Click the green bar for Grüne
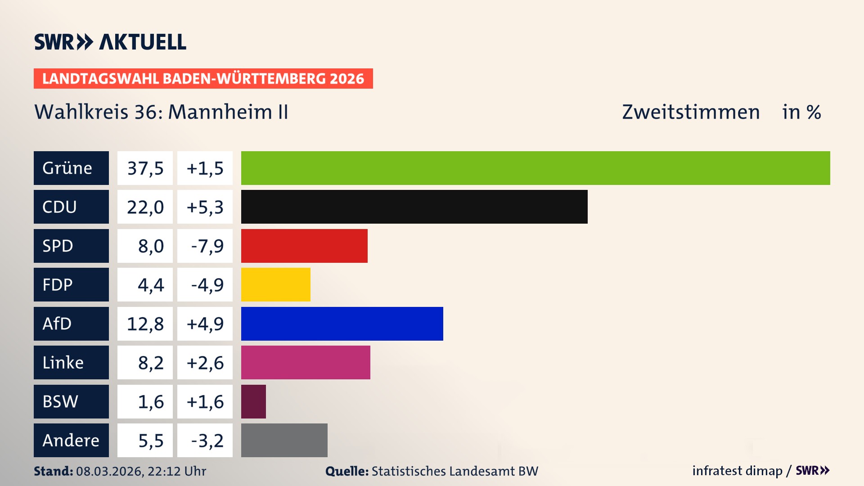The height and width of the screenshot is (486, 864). (x=535, y=168)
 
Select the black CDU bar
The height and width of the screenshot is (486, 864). (x=414, y=207)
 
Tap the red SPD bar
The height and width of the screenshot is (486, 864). (x=304, y=246)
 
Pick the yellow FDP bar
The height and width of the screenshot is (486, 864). (x=275, y=284)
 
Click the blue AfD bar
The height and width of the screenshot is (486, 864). (x=342, y=324)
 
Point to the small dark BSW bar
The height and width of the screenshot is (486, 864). (x=253, y=401)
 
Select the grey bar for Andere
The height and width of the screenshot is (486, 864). (x=284, y=440)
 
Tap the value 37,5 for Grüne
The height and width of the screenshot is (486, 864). (x=145, y=168)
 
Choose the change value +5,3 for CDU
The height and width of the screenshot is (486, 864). (x=205, y=207)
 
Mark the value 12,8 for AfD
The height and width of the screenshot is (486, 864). (x=145, y=324)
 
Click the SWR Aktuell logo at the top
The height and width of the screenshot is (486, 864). (x=110, y=42)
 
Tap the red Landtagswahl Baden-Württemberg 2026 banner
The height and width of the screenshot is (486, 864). (x=203, y=78)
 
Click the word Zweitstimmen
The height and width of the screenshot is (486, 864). (x=691, y=112)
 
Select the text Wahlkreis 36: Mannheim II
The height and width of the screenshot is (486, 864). (x=161, y=112)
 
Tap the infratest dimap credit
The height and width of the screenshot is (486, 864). (x=737, y=471)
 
